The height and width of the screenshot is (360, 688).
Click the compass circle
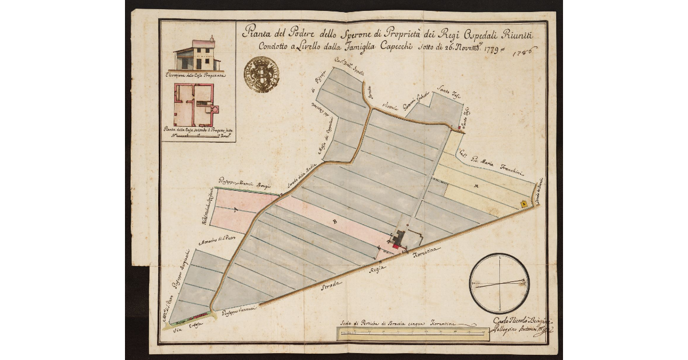point(499,283)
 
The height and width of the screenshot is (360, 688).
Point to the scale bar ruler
point(412,332)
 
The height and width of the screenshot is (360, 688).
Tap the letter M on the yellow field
point(476,187)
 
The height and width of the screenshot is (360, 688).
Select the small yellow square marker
point(523,204)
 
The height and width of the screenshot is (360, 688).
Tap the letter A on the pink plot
point(236,211)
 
